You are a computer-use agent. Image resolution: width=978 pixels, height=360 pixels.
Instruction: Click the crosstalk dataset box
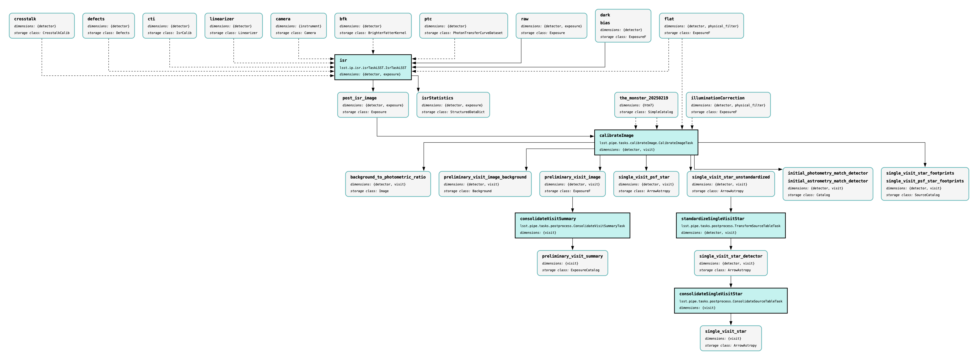coord(42,26)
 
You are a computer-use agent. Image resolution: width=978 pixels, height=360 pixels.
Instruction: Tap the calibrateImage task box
coord(646,142)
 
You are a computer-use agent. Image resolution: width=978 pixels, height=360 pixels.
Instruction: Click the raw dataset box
coord(551,26)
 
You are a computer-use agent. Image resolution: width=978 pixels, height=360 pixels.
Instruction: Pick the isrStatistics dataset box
coord(453,105)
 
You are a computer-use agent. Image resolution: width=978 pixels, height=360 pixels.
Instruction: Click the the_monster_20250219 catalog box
coord(646,105)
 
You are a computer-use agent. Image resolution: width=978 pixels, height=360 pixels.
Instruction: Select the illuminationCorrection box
coord(728,105)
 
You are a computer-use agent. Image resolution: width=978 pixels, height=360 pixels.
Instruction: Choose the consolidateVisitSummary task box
coord(572,226)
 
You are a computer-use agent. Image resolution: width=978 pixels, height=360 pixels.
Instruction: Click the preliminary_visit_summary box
coord(572,263)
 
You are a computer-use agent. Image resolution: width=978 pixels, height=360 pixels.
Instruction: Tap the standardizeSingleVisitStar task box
coord(730,226)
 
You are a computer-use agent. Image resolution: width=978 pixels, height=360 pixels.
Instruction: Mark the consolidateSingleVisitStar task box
coord(730,301)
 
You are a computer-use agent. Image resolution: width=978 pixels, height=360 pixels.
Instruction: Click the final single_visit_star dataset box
coord(730,338)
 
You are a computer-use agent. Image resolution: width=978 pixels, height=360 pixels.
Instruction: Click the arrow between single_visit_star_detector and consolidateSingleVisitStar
coord(730,282)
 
